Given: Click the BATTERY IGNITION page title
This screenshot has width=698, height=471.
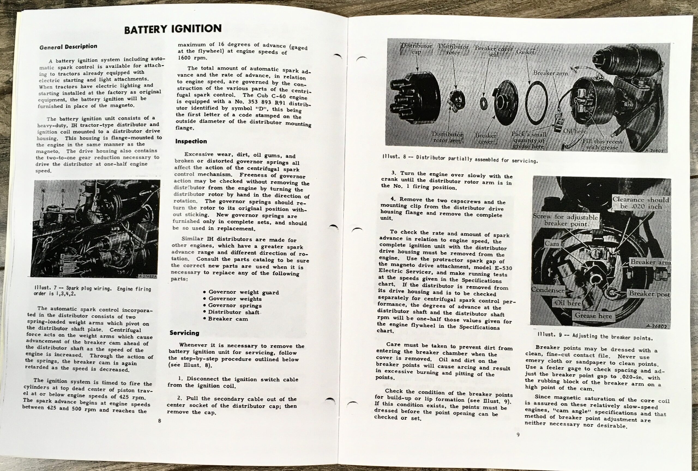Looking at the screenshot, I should tap(173, 29).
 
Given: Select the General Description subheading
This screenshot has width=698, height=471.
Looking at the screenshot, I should tap(68, 47).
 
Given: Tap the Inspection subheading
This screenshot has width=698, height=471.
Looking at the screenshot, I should tap(191, 141).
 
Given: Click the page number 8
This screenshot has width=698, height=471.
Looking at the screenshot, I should tap(160, 421).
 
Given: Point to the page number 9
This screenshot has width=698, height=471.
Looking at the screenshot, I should tap(518, 434).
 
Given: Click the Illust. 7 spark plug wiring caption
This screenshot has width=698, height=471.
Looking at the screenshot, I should tap(92, 291).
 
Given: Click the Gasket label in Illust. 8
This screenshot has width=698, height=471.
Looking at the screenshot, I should tap(525, 52).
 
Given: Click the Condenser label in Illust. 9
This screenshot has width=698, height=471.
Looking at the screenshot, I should tap(547, 290).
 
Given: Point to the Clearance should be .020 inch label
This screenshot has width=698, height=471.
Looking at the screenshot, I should tap(641, 203).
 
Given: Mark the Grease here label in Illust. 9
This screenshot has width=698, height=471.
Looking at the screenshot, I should tap(593, 316).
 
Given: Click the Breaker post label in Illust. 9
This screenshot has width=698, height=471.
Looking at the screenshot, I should tap(649, 294).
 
